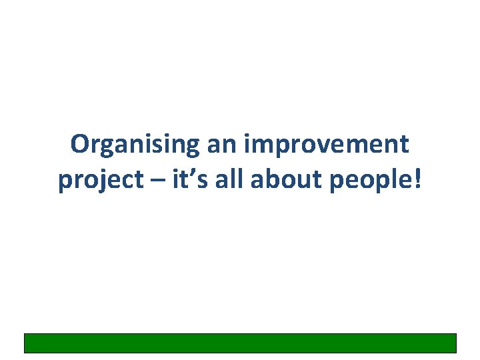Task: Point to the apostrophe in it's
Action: click(x=191, y=173)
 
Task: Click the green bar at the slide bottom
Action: click(x=240, y=343)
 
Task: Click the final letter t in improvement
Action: click(x=405, y=145)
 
